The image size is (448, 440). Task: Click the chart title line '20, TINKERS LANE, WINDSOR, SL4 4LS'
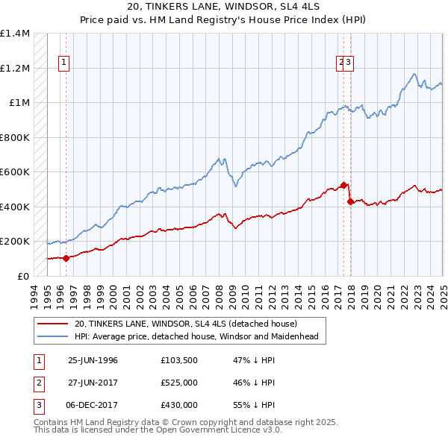click(x=223, y=8)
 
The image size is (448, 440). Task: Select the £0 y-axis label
click(x=22, y=276)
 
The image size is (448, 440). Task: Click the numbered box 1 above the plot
click(x=65, y=63)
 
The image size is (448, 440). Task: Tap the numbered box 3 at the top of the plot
click(x=349, y=63)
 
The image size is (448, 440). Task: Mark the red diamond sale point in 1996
click(x=66, y=259)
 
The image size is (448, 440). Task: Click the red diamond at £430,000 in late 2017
click(x=351, y=201)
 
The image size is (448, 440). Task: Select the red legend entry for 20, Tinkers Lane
click(x=186, y=324)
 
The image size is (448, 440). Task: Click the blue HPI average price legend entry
click(x=196, y=337)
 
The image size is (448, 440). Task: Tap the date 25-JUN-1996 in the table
click(x=93, y=360)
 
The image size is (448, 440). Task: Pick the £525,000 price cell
click(x=179, y=383)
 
